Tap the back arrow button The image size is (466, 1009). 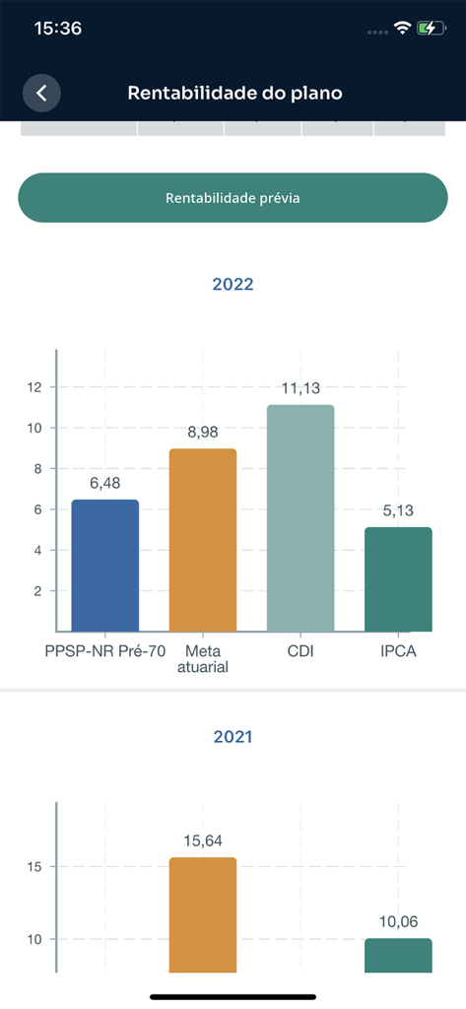pyautogui.click(x=41, y=93)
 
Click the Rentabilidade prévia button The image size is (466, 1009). pyautogui.click(x=233, y=198)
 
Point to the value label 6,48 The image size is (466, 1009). pyautogui.click(x=105, y=483)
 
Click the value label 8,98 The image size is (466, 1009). pyautogui.click(x=203, y=432)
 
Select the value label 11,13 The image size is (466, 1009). pyautogui.click(x=300, y=388)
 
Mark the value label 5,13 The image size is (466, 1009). pyautogui.click(x=398, y=510)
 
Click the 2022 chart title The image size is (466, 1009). pyautogui.click(x=233, y=285)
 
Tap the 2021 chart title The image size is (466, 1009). pyautogui.click(x=233, y=737)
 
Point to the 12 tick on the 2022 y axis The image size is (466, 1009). pyautogui.click(x=35, y=387)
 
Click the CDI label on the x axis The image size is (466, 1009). pyautogui.click(x=300, y=651)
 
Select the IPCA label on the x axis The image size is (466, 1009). pyautogui.click(x=398, y=651)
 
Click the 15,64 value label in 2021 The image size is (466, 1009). pyautogui.click(x=203, y=841)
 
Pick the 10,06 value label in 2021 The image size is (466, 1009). pyautogui.click(x=398, y=921)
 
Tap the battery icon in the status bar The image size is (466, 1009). pyautogui.click(x=430, y=29)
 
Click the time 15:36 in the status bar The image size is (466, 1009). pyautogui.click(x=57, y=29)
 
